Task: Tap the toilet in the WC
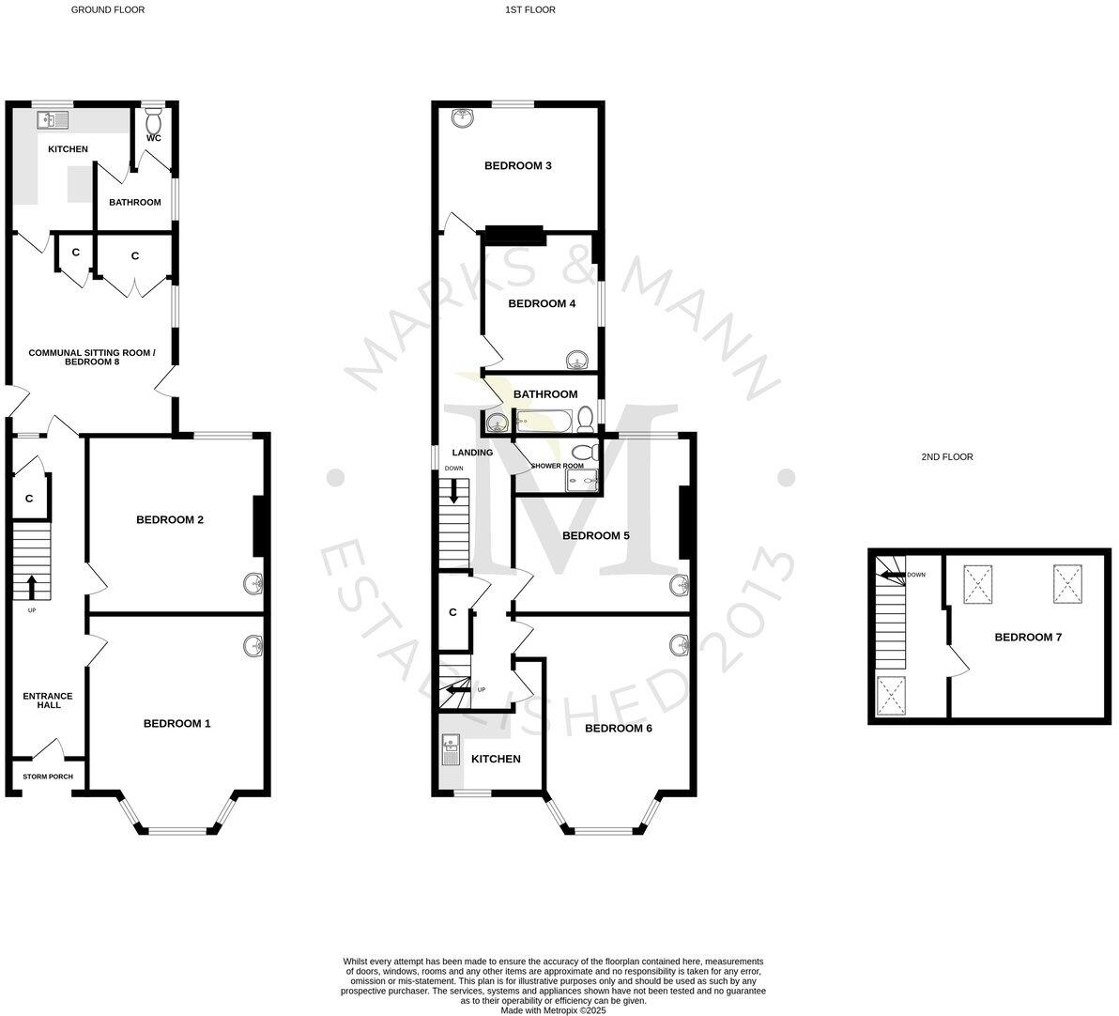pos(154,120)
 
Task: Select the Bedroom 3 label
pos(517,166)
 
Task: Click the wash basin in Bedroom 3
pos(462,118)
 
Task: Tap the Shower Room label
pos(558,466)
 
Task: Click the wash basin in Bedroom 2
pos(252,585)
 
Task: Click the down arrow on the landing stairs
pos(453,490)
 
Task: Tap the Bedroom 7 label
pos(1028,637)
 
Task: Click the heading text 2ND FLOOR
pos(947,457)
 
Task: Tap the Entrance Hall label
pos(48,700)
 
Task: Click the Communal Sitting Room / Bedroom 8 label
pos(92,357)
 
